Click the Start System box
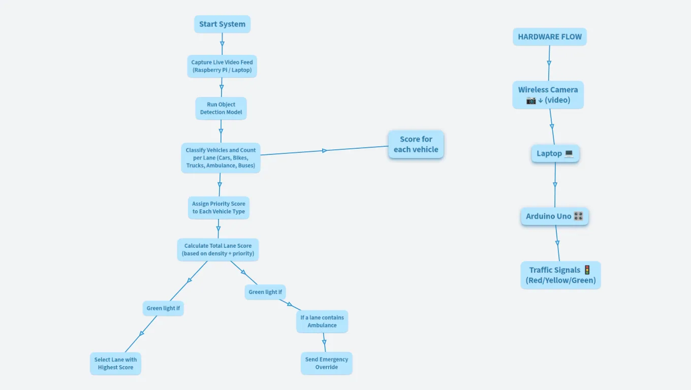click(222, 24)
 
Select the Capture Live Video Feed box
click(222, 66)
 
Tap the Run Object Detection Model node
click(221, 108)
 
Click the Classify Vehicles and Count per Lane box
click(221, 158)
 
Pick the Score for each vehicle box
click(416, 144)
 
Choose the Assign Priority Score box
click(218, 208)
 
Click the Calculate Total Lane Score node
click(218, 249)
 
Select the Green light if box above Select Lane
click(163, 308)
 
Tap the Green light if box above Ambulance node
click(265, 292)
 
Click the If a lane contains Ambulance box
click(322, 321)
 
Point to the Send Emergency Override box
click(326, 363)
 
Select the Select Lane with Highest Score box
click(115, 364)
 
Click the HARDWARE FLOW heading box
click(549, 37)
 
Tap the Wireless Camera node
click(548, 94)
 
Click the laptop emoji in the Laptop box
click(569, 153)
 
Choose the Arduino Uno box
click(554, 216)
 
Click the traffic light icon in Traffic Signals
click(587, 270)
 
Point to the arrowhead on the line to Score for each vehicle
click(325, 150)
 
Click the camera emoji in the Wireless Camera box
click(531, 100)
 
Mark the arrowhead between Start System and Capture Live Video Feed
click(222, 43)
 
